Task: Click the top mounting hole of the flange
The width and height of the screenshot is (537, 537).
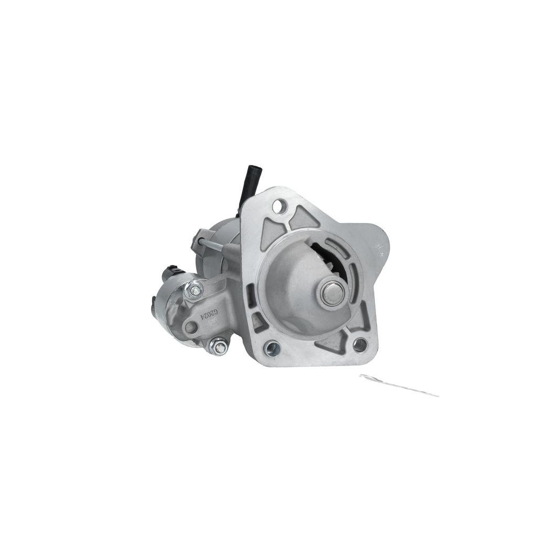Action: pos(279,205)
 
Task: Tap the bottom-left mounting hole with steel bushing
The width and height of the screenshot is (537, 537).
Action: pos(272,348)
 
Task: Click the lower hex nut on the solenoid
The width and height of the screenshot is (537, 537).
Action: pos(218,347)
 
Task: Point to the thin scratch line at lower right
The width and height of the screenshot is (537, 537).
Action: pos(399,385)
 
